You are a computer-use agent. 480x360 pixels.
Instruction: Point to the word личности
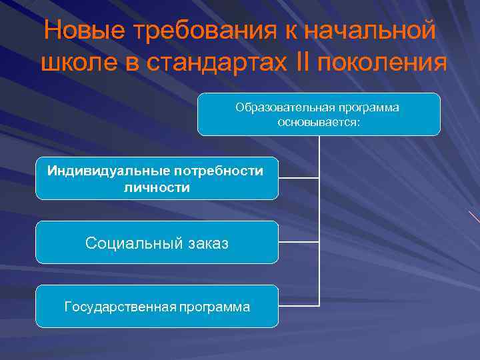click(157, 188)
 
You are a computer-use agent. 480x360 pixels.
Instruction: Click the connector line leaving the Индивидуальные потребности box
click(299, 179)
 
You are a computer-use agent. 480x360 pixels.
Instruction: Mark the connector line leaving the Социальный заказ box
click(299, 242)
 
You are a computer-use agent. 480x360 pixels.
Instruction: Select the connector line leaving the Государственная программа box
click(299, 305)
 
